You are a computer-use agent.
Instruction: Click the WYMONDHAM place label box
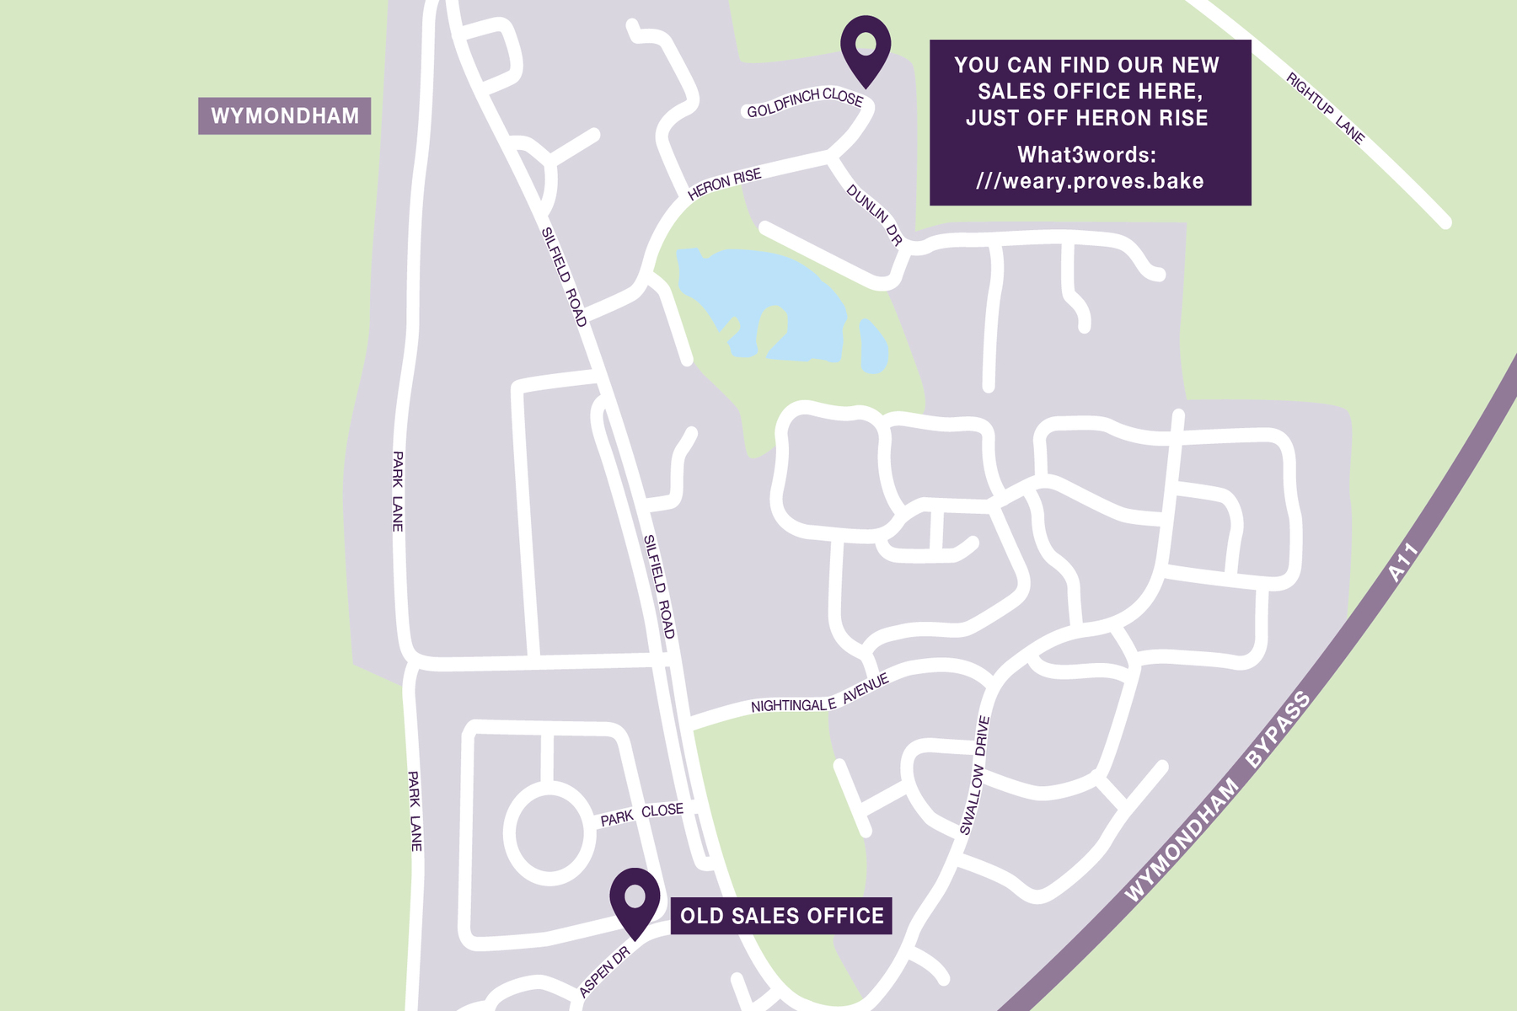[285, 116]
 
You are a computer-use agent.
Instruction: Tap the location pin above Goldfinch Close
[866, 46]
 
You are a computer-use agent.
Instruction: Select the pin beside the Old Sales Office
[635, 899]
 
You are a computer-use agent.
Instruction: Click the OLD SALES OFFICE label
[781, 916]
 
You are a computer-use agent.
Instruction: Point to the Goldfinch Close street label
[805, 103]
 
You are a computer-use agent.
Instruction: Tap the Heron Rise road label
[724, 185]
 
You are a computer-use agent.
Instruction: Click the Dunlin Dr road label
[874, 216]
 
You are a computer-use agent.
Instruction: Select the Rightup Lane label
[1325, 108]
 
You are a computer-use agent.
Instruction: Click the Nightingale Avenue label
[819, 696]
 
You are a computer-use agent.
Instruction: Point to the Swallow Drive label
[974, 776]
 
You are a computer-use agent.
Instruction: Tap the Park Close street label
[641, 814]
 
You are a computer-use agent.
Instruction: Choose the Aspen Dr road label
[605, 971]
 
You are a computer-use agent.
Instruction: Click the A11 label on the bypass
[1404, 563]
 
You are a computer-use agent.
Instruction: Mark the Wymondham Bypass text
[1218, 796]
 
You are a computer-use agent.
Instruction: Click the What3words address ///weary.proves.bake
[1090, 180]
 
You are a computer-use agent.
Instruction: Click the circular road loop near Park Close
[549, 833]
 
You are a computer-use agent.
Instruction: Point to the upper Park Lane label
[398, 491]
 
